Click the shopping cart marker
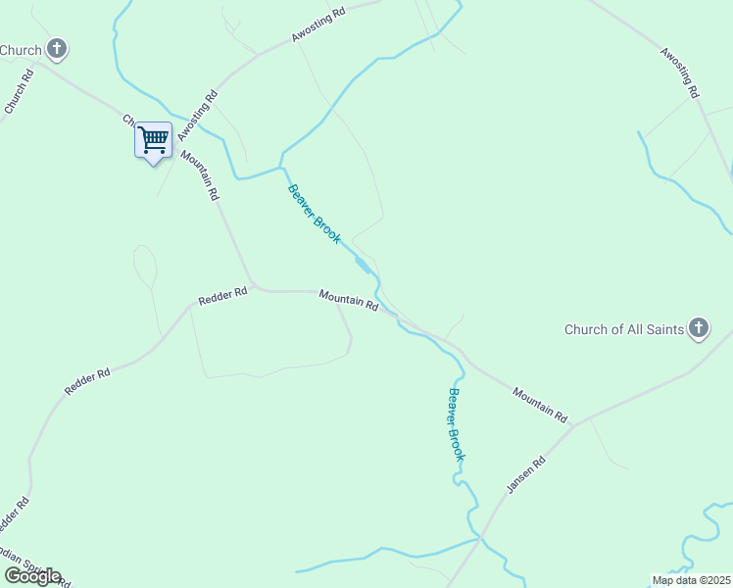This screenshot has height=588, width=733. tap(153, 140)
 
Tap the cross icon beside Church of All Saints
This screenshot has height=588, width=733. tap(698, 328)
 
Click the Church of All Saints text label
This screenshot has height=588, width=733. tap(623, 329)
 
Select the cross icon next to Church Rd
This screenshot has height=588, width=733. tap(57, 48)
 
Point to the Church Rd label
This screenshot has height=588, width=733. tap(20, 92)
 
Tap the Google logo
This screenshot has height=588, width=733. tap(32, 576)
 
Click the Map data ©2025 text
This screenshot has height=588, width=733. tap(692, 580)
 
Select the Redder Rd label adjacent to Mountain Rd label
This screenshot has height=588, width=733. tap(222, 297)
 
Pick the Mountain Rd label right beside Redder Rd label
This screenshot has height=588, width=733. tap(348, 300)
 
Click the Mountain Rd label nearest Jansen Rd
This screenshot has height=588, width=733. tap(540, 405)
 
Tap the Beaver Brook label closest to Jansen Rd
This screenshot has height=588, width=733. tap(456, 424)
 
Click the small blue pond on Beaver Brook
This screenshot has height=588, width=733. tap(363, 266)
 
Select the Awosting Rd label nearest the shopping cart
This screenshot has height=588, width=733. tap(197, 116)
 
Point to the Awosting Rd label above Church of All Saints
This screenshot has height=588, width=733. tap(678, 73)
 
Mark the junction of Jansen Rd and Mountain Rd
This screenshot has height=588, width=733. tap(574, 425)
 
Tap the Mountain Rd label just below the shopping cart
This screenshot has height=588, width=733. tap(199, 174)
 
